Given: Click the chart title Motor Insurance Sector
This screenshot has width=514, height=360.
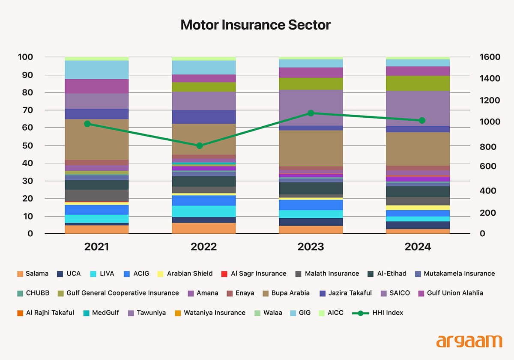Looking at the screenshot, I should tap(255, 25).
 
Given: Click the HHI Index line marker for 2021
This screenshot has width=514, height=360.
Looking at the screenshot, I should tap(87, 124).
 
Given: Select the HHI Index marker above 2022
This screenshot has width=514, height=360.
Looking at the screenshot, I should tap(199, 146).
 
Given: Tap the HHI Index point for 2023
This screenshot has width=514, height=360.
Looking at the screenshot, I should tap(311, 113).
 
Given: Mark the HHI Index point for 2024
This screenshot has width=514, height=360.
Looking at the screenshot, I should tap(422, 120).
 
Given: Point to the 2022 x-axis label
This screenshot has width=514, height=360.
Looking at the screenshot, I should tap(203, 247).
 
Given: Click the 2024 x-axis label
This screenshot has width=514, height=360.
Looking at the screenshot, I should tap(418, 247).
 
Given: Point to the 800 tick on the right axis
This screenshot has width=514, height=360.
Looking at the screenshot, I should tap(487, 147).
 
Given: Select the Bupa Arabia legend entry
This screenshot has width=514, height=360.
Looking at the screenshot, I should tap(289, 293).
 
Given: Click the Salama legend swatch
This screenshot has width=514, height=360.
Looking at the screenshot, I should tap(20, 274).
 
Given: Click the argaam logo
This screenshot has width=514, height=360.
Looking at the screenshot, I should tap(469, 341).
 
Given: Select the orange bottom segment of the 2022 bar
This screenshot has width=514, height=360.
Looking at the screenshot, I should tap(203, 228).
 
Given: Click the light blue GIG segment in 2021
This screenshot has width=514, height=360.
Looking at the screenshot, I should tap(97, 69).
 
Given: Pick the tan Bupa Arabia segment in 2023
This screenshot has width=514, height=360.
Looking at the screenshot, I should tap(311, 148).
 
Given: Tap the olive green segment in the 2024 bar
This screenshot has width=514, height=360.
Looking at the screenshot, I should tap(418, 83).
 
